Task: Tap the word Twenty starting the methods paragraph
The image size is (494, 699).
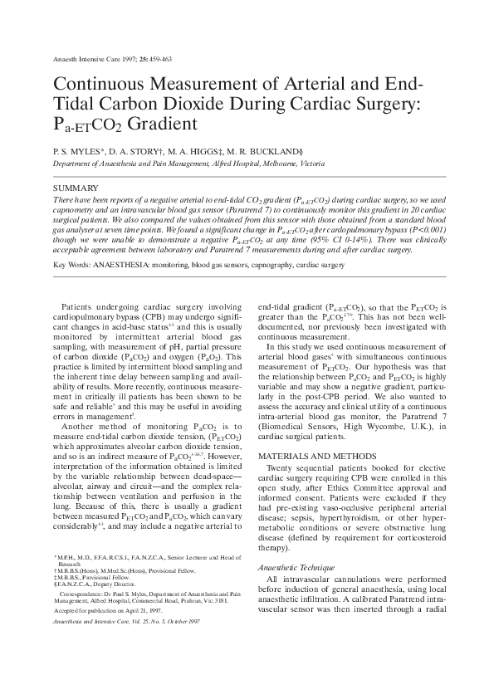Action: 279,469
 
